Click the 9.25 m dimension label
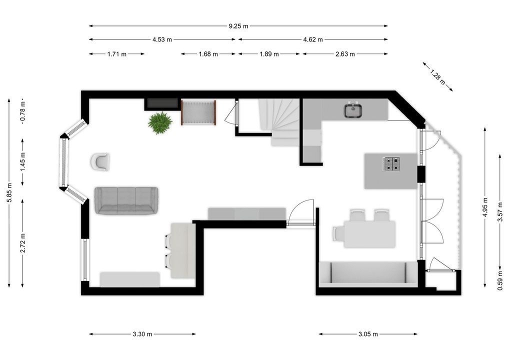click(x=238, y=26)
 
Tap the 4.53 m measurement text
click(x=162, y=39)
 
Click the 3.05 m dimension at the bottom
click(x=367, y=334)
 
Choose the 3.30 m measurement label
click(x=142, y=334)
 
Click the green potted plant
click(x=160, y=122)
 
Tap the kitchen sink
click(x=353, y=110)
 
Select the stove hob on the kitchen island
click(x=391, y=164)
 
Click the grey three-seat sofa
click(x=126, y=200)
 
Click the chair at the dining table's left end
click(x=338, y=233)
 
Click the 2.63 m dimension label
click(x=344, y=54)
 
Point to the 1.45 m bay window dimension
click(x=22, y=161)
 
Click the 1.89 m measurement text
click(x=269, y=54)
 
